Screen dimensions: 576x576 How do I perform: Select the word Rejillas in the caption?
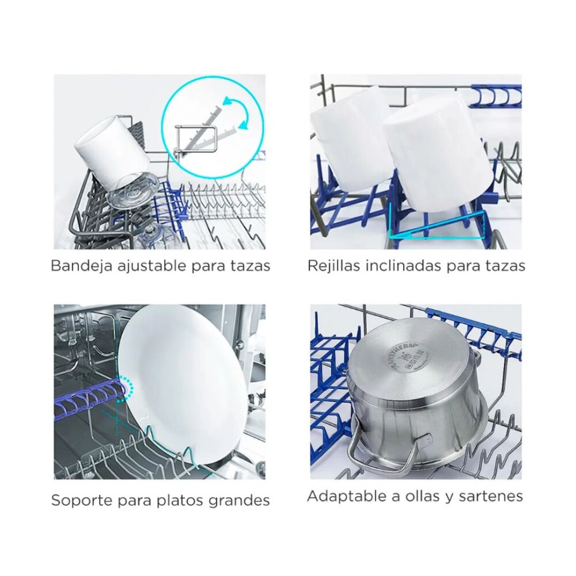click(x=332, y=266)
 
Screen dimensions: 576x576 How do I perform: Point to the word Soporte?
click(x=77, y=499)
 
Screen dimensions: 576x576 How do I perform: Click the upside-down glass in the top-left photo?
click(x=132, y=192)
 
